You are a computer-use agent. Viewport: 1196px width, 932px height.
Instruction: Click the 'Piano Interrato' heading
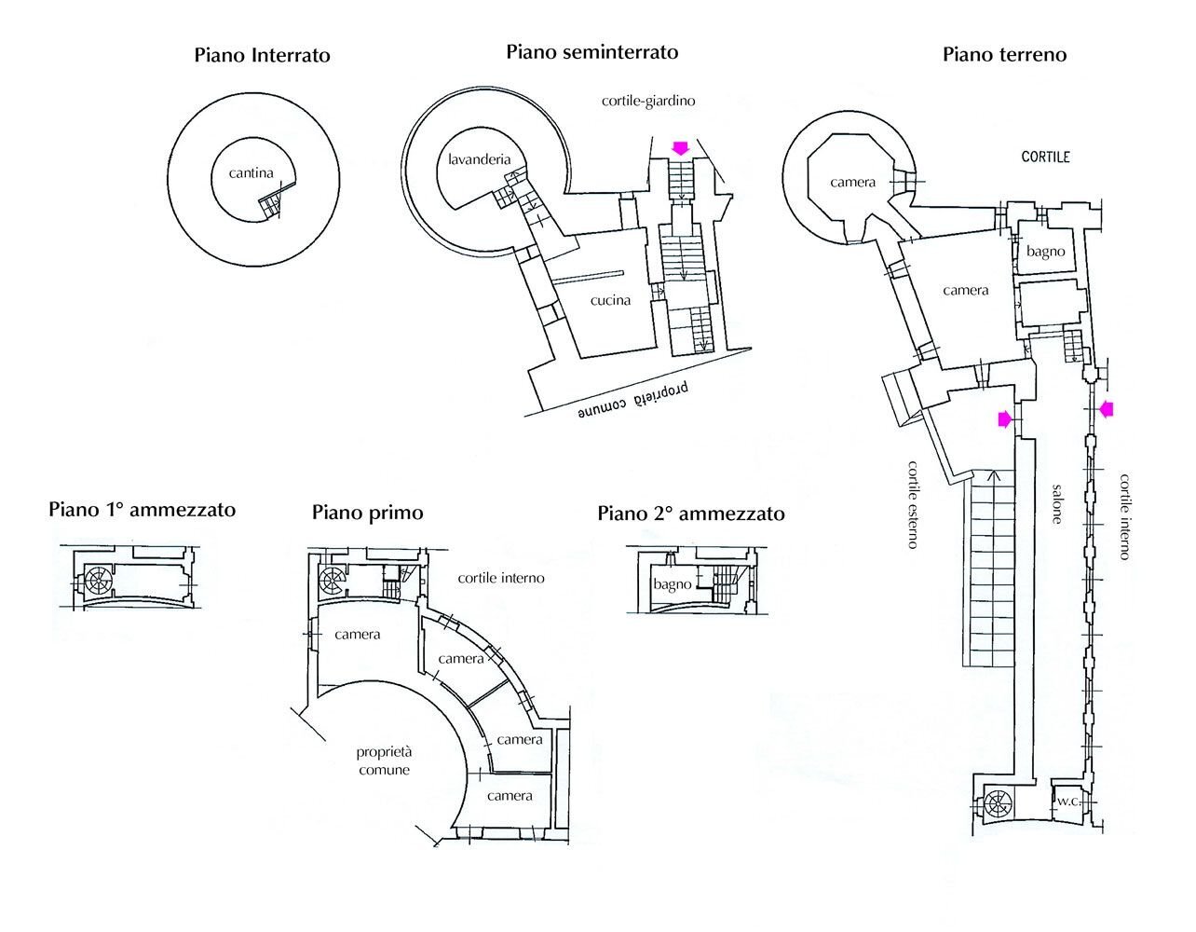click(262, 55)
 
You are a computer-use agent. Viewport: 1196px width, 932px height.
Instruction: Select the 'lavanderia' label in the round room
click(479, 159)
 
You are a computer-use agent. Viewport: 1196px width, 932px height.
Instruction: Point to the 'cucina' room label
click(610, 300)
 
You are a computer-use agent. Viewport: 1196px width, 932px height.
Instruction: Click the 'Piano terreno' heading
click(1004, 54)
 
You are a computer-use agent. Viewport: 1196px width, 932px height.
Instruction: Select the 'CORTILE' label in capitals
click(1045, 158)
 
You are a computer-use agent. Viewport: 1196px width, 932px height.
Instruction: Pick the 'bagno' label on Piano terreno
click(1045, 252)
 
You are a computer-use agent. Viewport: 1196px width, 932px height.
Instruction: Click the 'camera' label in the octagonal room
click(852, 182)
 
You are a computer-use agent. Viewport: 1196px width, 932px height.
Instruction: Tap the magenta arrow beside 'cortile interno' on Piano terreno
click(1106, 408)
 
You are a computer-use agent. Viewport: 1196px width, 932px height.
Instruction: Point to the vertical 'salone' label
click(1056, 503)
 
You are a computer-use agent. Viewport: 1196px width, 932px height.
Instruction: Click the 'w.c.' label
click(1067, 800)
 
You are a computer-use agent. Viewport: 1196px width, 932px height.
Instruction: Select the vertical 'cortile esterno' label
click(913, 503)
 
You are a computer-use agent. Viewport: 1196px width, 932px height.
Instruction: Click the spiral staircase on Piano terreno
click(998, 804)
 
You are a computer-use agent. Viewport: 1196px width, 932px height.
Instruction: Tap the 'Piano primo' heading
click(367, 513)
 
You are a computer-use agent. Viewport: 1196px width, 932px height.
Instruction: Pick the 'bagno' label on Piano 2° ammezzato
click(672, 584)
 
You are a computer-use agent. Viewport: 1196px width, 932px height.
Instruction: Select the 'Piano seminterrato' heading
click(591, 52)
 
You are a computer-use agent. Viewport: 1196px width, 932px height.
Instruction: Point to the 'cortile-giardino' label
click(649, 100)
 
